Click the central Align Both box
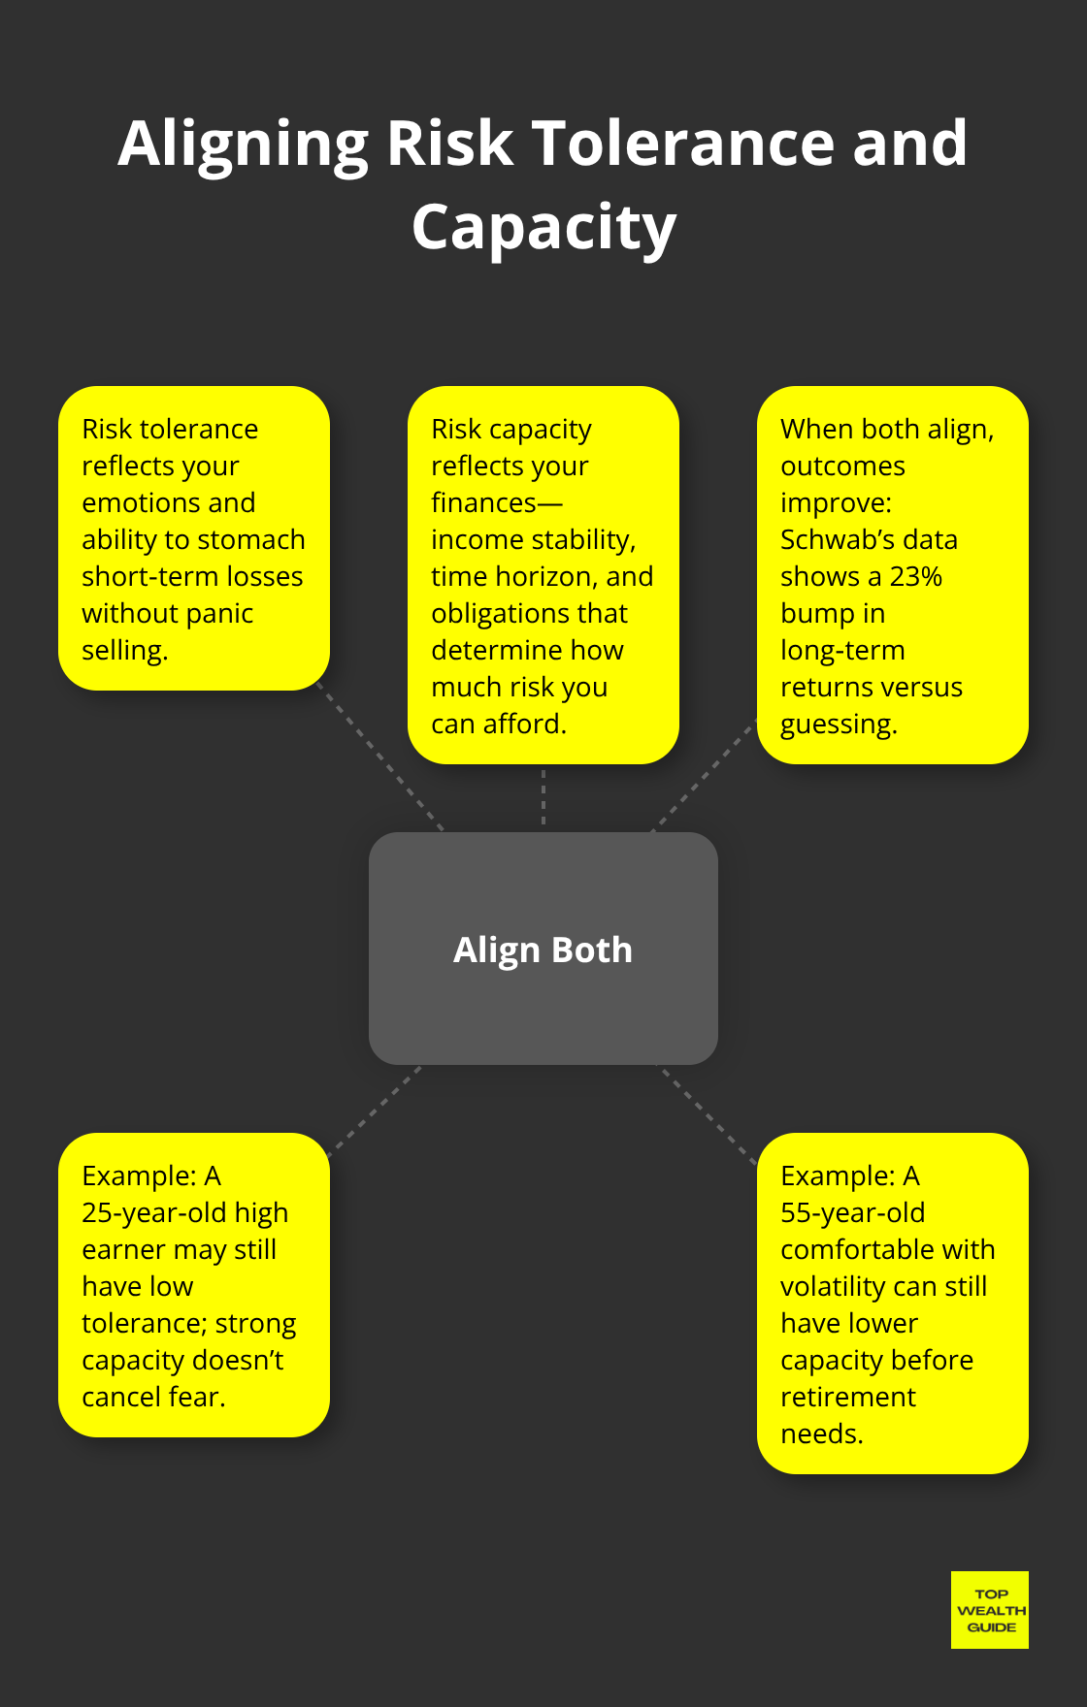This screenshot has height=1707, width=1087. [543, 949]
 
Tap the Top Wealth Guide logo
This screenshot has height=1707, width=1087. [989, 1610]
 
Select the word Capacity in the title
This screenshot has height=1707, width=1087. [543, 228]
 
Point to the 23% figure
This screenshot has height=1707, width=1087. [915, 576]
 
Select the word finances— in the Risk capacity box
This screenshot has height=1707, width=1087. [496, 502]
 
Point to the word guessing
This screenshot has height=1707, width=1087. [838, 724]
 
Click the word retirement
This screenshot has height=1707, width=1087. [847, 1397]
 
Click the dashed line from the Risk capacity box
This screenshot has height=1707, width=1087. [543, 797]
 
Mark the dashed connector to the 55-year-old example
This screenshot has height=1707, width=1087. [708, 1113]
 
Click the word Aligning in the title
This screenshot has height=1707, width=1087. [243, 144]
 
